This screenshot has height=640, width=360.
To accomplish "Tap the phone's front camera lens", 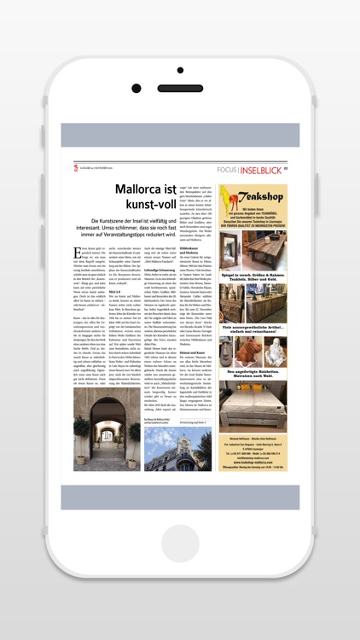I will pyautogui.click(x=136, y=88).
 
